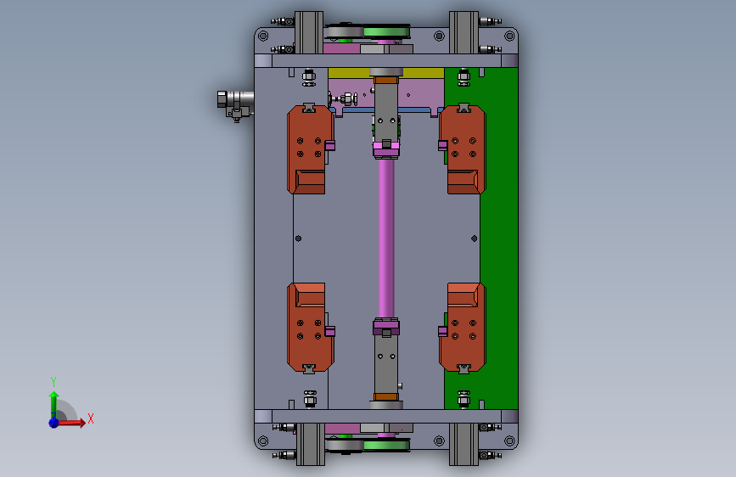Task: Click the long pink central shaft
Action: tap(386, 238)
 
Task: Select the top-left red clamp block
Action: tap(307, 149)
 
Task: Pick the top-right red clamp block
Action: tap(464, 149)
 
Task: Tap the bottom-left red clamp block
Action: tap(307, 328)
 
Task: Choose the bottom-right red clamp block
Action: tap(464, 328)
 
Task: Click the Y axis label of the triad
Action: tap(53, 381)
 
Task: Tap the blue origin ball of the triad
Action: tap(54, 423)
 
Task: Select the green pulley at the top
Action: tap(387, 32)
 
